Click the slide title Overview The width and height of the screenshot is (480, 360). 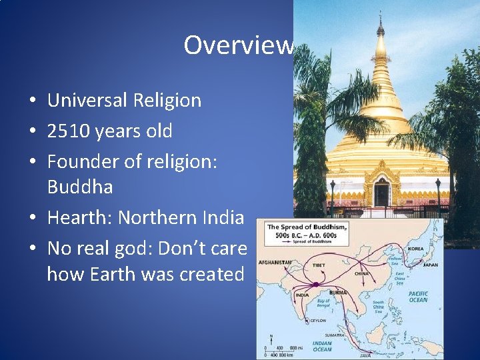click(x=239, y=45)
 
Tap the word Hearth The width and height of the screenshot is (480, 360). click(x=75, y=218)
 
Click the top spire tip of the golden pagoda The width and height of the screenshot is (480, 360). click(x=381, y=15)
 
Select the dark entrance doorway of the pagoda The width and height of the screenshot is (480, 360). click(x=381, y=195)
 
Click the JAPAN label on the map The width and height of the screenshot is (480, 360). click(x=430, y=265)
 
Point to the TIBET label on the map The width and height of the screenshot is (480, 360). click(x=319, y=265)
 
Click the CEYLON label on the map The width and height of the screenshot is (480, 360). click(x=318, y=320)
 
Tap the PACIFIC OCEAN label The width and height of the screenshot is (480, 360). click(x=418, y=297)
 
